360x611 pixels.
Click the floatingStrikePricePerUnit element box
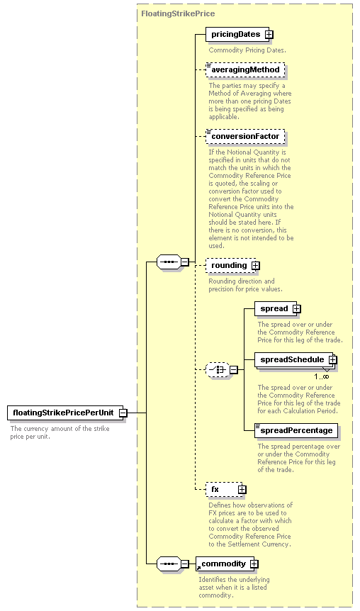pyautogui.click(x=65, y=413)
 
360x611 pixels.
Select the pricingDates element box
pyautogui.click(x=237, y=34)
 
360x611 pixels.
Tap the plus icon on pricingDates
pyautogui.click(x=269, y=35)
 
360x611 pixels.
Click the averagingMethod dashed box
pyautogui.click(x=245, y=69)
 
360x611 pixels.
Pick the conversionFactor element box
pyautogui.click(x=245, y=136)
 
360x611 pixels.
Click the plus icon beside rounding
pyautogui.click(x=256, y=266)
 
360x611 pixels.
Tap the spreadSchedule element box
pyautogui.click(x=296, y=359)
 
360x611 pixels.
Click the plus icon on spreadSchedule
pyautogui.click(x=333, y=359)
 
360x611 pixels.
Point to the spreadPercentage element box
pyautogui.click(x=296, y=430)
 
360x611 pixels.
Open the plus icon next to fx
pyautogui.click(x=242, y=489)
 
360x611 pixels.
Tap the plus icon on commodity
pyautogui.click(x=254, y=564)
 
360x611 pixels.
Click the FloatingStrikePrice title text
pyautogui.click(x=178, y=13)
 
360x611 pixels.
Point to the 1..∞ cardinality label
pyautogui.click(x=322, y=376)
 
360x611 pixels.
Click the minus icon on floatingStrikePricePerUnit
pyautogui.click(x=123, y=413)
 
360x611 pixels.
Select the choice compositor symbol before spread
pyautogui.click(x=218, y=370)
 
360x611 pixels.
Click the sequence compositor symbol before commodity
pyautogui.click(x=169, y=564)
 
